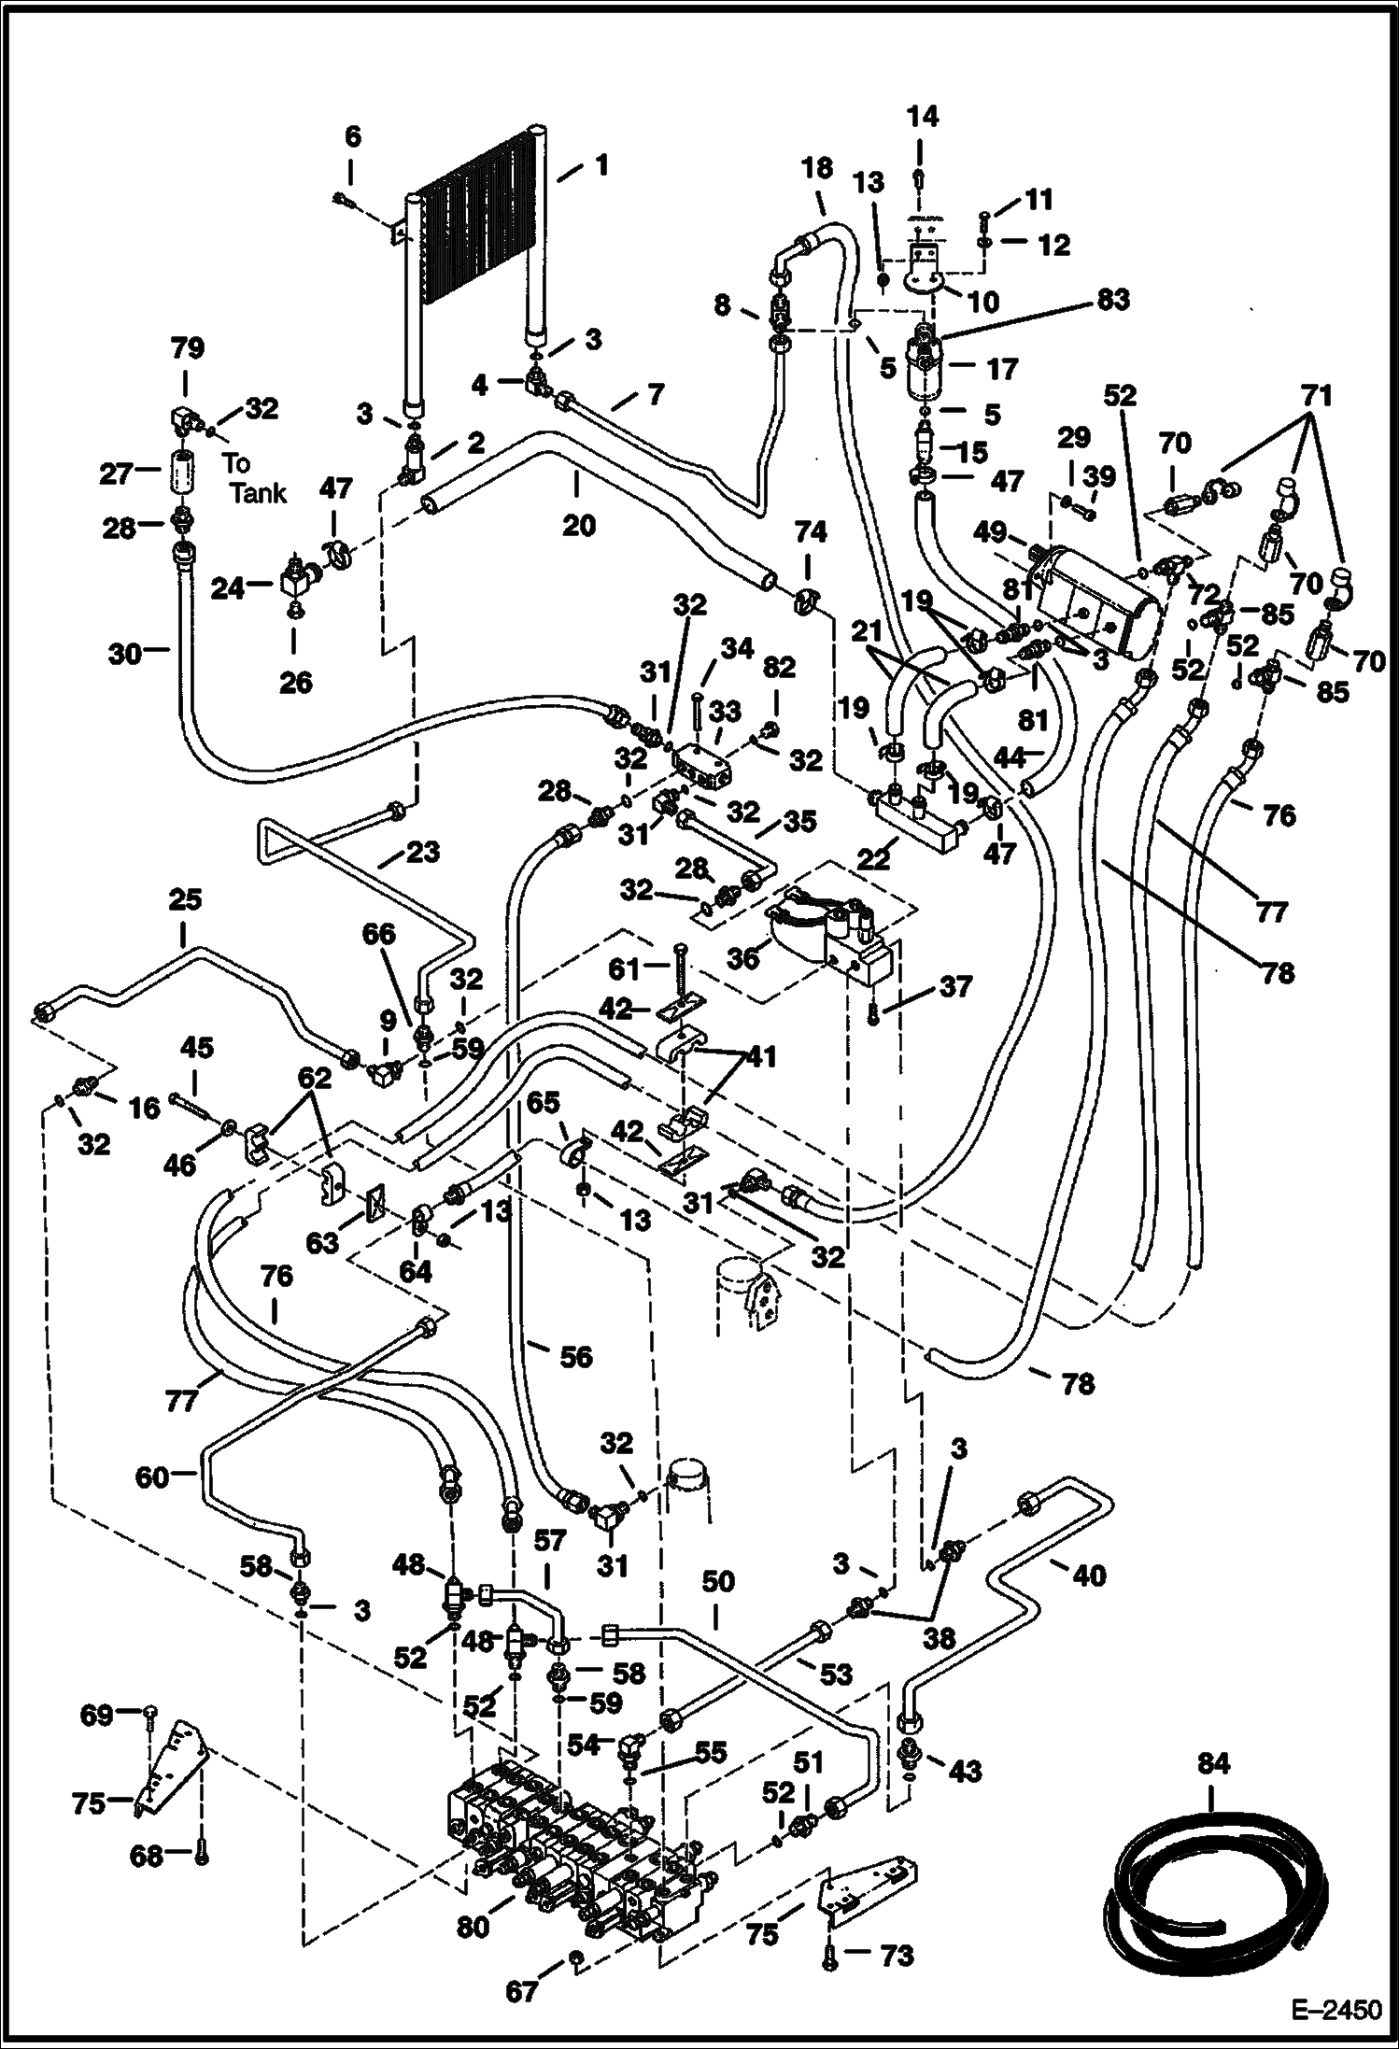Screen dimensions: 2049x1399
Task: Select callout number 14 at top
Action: point(922,117)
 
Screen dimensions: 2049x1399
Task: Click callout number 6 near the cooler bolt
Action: point(351,137)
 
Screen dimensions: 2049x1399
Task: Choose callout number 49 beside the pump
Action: point(990,532)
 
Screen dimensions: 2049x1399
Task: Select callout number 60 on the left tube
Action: point(152,1477)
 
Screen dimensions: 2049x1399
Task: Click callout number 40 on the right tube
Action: point(1088,1576)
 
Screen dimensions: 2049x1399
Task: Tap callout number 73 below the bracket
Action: point(897,1955)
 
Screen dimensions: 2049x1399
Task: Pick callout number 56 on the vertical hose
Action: point(576,1356)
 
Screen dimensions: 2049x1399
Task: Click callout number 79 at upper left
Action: point(186,348)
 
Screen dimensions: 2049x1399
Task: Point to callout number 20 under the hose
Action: point(578,525)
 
